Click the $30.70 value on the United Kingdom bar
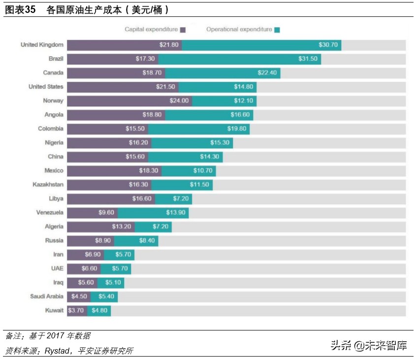(x=328, y=45)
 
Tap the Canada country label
(x=53, y=73)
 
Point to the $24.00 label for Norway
(x=178, y=100)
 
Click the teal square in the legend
(x=277, y=30)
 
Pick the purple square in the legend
(x=183, y=30)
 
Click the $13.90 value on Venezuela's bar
(x=175, y=213)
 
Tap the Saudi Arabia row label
(x=46, y=296)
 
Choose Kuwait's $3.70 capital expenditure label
(x=76, y=311)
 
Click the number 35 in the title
(x=30, y=9)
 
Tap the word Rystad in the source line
(x=59, y=351)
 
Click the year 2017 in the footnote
(x=57, y=336)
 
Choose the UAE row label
(x=57, y=268)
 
